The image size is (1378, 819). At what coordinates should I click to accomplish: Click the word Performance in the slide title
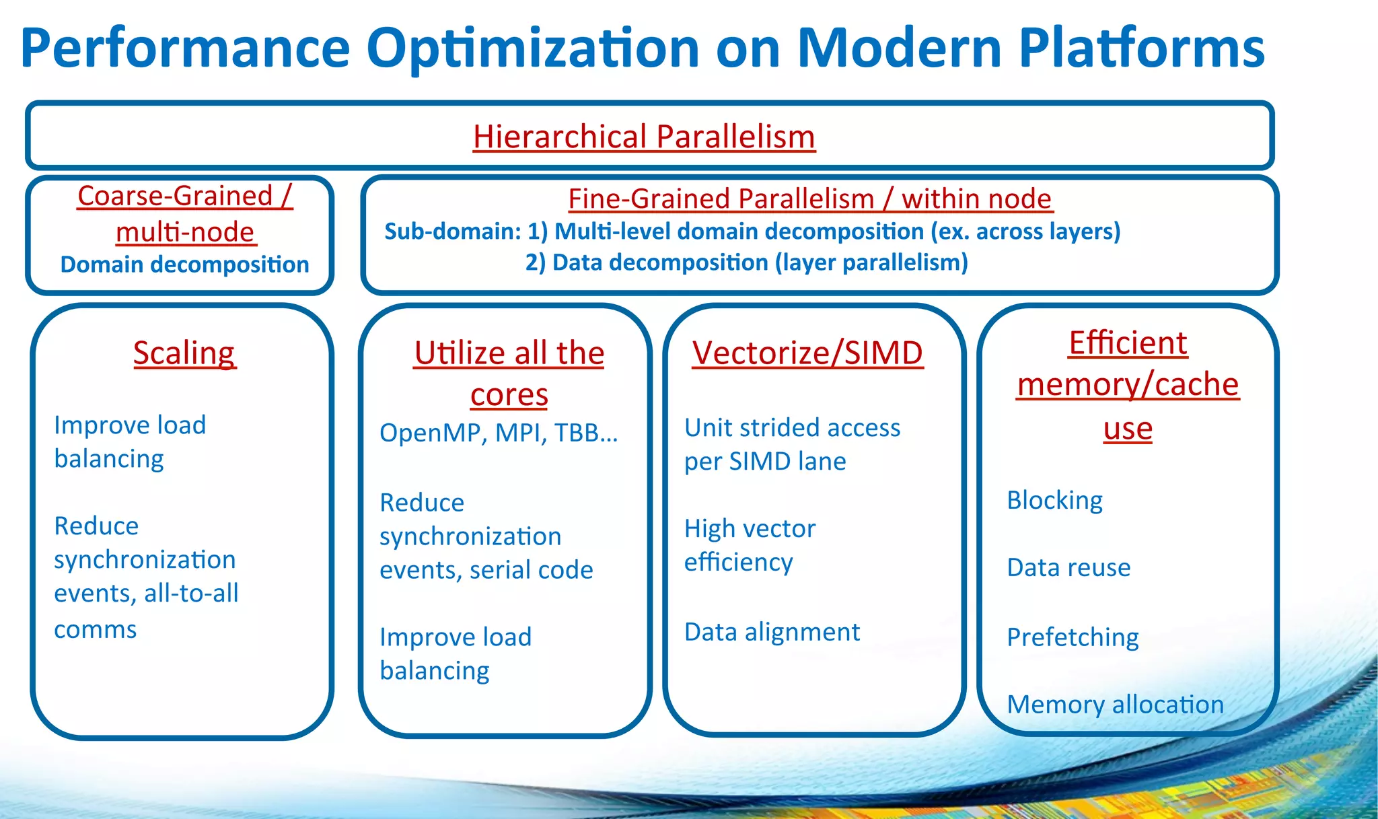tap(186, 48)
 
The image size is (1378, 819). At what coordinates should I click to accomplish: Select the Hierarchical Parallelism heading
tap(644, 137)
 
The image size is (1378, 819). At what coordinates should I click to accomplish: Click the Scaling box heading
tap(184, 353)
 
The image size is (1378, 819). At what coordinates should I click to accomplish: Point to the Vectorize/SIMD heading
tap(807, 353)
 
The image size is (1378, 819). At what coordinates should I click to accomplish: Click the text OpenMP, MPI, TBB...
tap(498, 433)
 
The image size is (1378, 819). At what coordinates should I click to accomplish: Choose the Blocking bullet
tap(1054, 500)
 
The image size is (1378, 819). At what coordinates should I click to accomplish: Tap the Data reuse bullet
tap(1068, 567)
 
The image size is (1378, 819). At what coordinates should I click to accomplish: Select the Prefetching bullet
tap(1073, 637)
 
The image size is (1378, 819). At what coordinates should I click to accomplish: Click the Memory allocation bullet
tap(1115, 705)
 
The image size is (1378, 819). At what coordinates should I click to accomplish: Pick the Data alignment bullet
tap(772, 632)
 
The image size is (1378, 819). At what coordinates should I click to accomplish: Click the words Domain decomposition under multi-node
tap(184, 264)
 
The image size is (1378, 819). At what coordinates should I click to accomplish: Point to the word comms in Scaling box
tap(95, 630)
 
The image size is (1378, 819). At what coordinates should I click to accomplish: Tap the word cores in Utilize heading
tap(509, 395)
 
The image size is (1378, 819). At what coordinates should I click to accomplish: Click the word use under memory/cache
tap(1128, 429)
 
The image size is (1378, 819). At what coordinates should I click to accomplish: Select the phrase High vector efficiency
tap(750, 545)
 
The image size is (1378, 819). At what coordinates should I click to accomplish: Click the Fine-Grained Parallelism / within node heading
tap(809, 199)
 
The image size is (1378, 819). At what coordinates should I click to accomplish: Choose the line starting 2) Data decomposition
tap(746, 262)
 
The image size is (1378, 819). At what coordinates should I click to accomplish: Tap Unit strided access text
tap(792, 428)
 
